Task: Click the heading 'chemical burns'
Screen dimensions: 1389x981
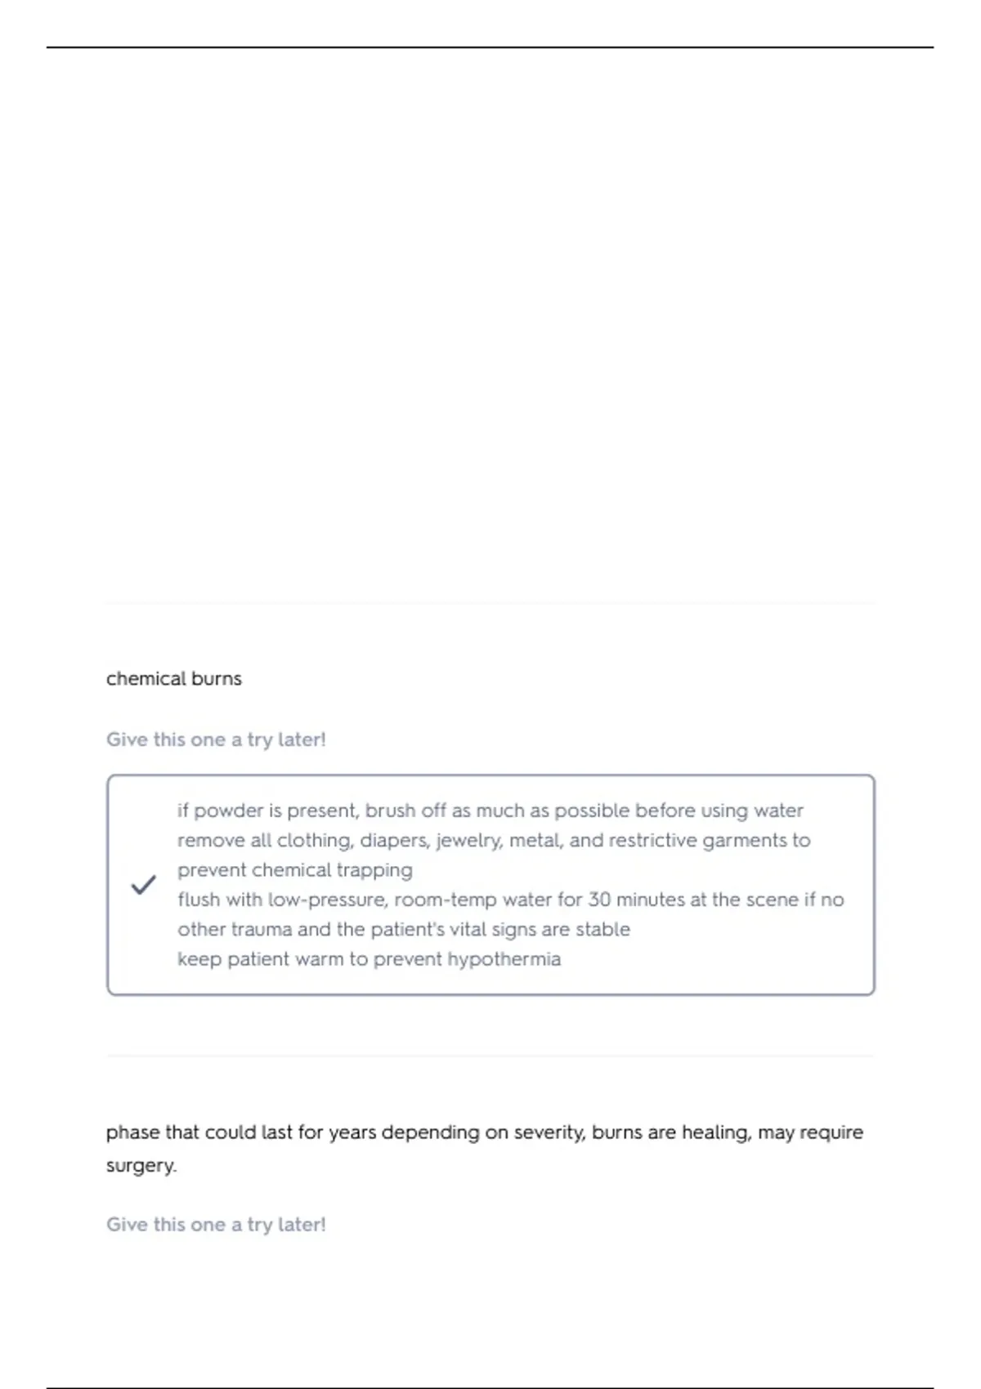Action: [x=173, y=679]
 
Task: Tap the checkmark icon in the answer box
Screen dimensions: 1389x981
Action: [x=144, y=885]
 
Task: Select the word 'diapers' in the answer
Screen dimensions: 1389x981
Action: [x=394, y=841]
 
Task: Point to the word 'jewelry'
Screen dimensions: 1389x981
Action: [x=468, y=841]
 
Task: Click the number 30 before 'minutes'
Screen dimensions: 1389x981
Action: [x=599, y=900]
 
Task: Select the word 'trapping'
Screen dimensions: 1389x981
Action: [x=374, y=871]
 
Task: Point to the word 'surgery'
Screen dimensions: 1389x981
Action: [x=140, y=1166]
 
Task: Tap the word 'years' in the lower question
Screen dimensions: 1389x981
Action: [x=352, y=1133]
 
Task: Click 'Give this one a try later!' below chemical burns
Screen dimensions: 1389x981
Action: [x=216, y=739]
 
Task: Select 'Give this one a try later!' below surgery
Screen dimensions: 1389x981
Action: [x=216, y=1225]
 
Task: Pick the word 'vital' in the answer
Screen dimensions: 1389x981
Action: [x=467, y=930]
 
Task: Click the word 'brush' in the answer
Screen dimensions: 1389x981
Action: [x=390, y=811]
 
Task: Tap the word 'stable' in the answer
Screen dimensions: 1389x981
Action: [x=602, y=930]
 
